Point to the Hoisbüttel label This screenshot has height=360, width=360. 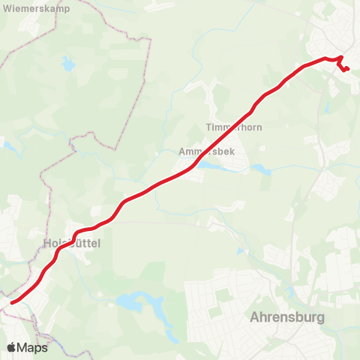[72, 244]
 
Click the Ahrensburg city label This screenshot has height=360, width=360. [289, 317]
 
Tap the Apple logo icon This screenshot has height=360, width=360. [12, 347]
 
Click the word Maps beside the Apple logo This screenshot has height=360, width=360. [33, 347]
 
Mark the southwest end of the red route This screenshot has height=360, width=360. [12, 303]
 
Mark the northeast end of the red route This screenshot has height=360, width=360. [348, 70]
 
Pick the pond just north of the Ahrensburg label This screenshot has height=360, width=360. [277, 301]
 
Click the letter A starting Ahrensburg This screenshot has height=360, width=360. [253, 317]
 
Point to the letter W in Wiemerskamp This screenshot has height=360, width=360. [5, 9]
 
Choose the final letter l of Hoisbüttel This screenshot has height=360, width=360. [99, 244]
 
